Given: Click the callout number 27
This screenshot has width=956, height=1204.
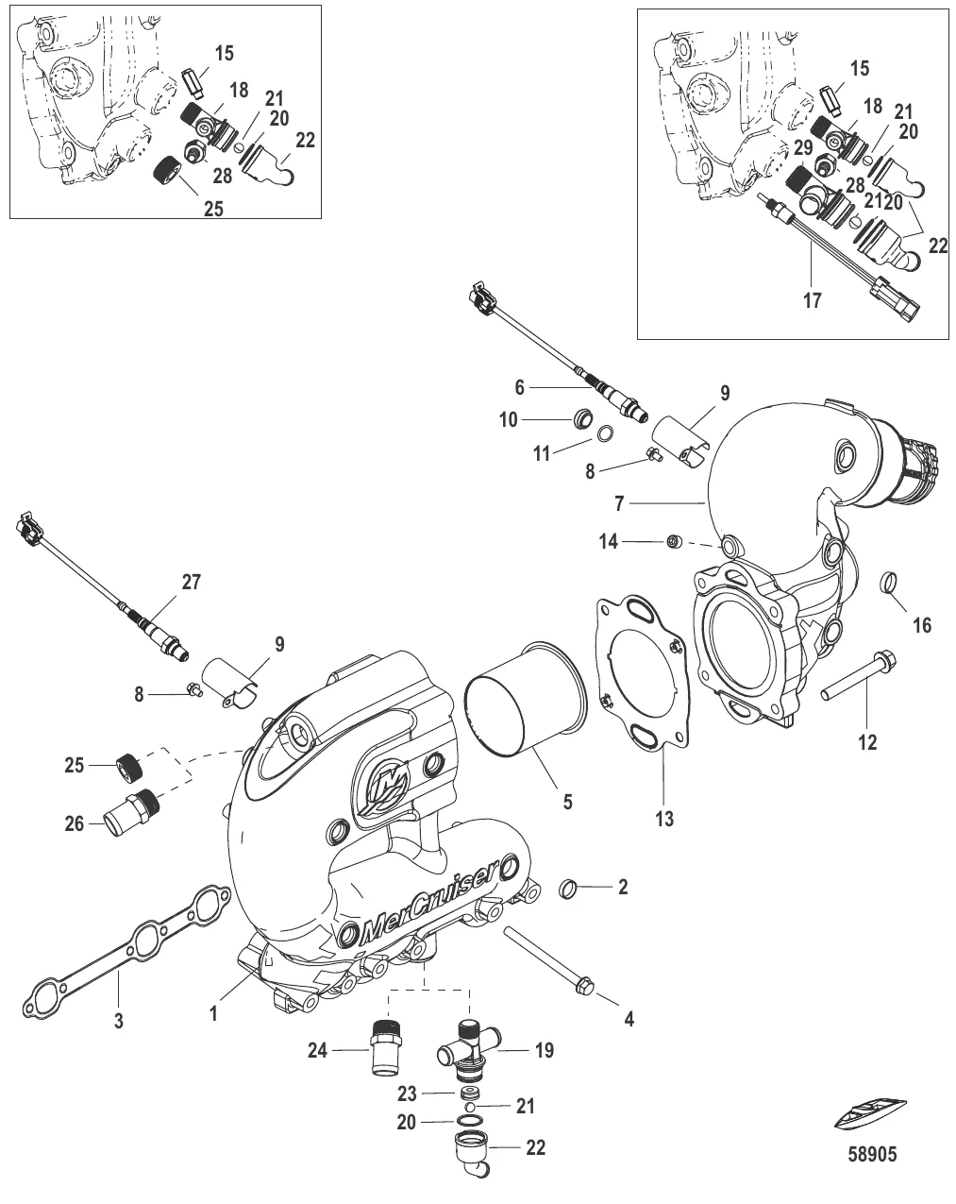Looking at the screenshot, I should pyautogui.click(x=191, y=582).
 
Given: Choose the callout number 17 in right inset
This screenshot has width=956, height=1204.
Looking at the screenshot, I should pyautogui.click(x=812, y=301).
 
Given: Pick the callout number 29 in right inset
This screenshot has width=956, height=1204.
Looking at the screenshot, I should pyautogui.click(x=801, y=148).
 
